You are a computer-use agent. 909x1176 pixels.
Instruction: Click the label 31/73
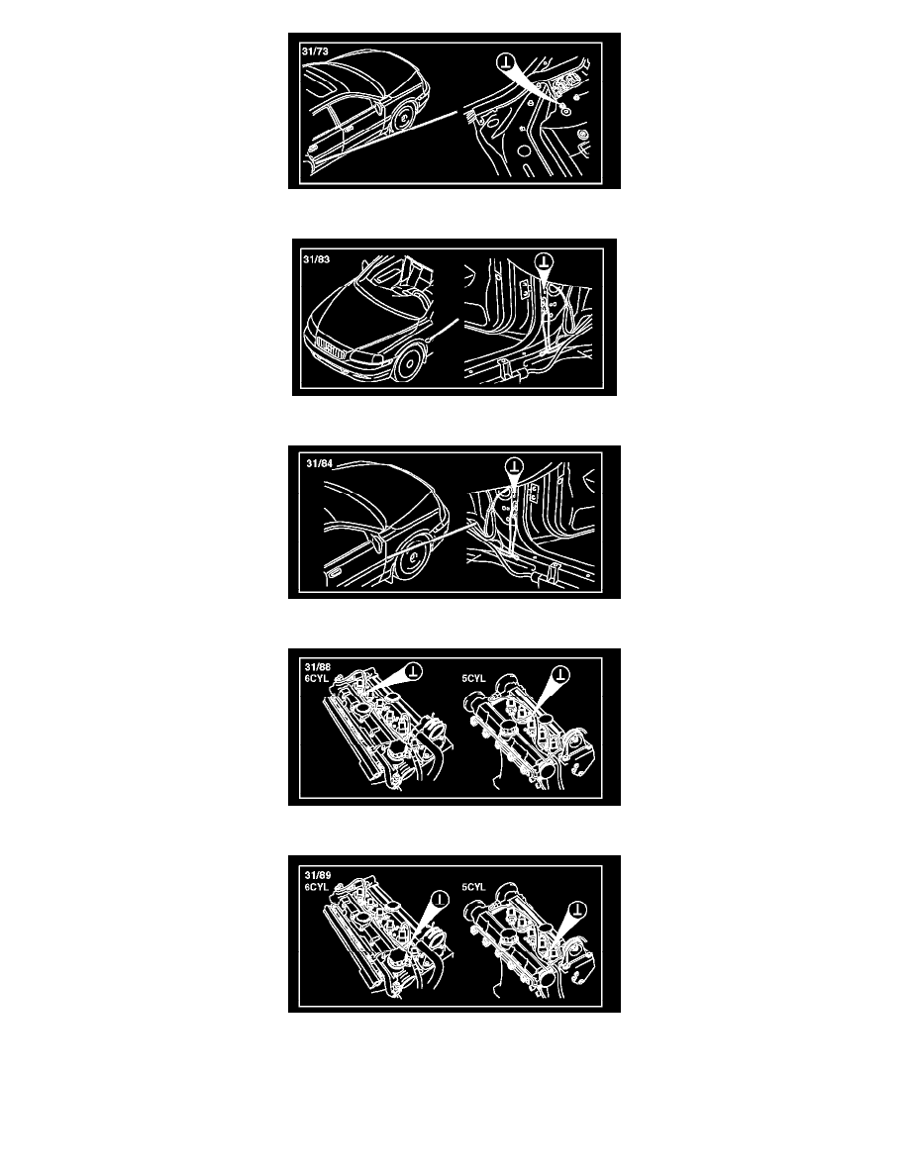(315, 51)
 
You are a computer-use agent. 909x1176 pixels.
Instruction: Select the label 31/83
(317, 259)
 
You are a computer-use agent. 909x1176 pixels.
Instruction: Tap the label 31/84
(320, 463)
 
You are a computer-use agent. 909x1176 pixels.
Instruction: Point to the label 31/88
(318, 667)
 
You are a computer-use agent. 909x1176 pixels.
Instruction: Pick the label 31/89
(318, 875)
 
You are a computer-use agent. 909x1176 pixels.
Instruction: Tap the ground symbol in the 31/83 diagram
(545, 261)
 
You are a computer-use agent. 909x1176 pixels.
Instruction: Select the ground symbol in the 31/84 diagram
(514, 466)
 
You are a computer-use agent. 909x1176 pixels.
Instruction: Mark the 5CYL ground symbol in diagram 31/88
(561, 674)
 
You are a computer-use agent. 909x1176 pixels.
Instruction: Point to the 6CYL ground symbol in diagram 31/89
(440, 899)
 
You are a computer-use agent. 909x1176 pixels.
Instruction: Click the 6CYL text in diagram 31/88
(317, 678)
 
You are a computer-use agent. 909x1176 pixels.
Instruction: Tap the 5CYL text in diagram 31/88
(474, 679)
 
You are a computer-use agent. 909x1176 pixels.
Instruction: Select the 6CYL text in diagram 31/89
(317, 887)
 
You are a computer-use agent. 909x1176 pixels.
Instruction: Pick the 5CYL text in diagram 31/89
(474, 887)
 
